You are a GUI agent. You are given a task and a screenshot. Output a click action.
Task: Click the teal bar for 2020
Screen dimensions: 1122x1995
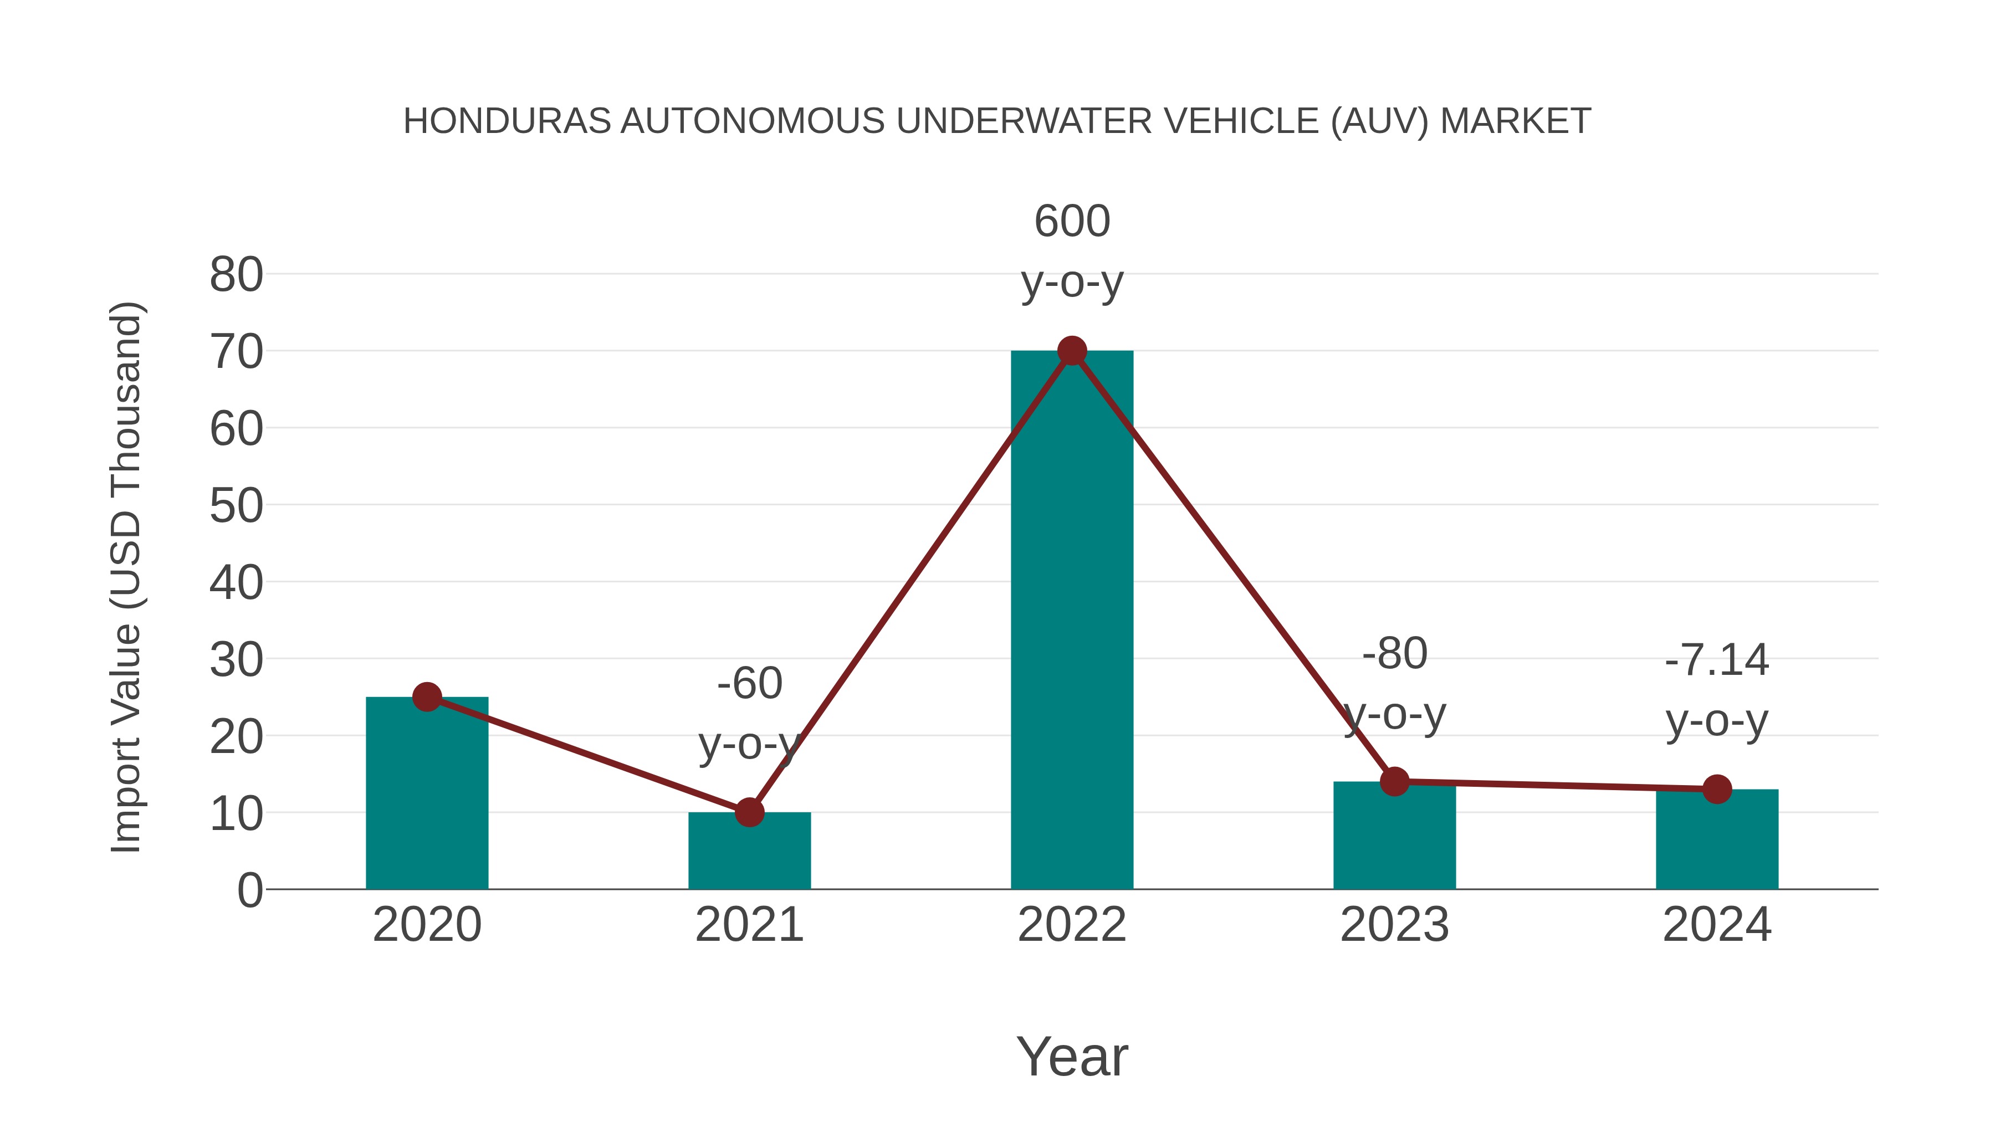[427, 797]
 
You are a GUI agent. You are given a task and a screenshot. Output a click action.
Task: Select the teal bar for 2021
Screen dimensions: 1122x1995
[749, 852]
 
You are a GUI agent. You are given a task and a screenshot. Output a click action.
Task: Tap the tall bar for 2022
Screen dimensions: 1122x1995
[1072, 619]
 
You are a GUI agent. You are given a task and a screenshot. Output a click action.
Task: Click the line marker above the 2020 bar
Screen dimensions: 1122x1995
[427, 697]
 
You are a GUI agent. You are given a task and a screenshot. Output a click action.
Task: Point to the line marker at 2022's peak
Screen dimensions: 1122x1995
[1072, 351]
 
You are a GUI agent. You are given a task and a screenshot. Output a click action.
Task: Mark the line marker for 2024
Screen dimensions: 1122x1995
[1717, 789]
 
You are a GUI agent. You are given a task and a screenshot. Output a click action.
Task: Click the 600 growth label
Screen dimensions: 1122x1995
[1072, 222]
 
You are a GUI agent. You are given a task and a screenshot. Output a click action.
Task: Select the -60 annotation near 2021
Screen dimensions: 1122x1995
[749, 684]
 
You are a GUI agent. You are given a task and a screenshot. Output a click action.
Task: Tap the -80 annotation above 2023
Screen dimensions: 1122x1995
[1394, 654]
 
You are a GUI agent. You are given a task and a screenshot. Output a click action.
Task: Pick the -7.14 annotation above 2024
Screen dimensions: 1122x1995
[1717, 660]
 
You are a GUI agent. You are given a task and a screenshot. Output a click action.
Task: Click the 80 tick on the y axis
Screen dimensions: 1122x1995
[236, 275]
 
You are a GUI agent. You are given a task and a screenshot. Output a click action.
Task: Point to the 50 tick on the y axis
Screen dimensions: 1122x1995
[236, 506]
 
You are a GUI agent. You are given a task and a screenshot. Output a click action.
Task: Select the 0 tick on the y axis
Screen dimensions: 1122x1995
[249, 890]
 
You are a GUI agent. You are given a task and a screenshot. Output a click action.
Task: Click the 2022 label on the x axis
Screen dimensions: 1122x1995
[1072, 925]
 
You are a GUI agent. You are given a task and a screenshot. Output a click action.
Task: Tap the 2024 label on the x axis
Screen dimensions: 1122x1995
[1717, 925]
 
